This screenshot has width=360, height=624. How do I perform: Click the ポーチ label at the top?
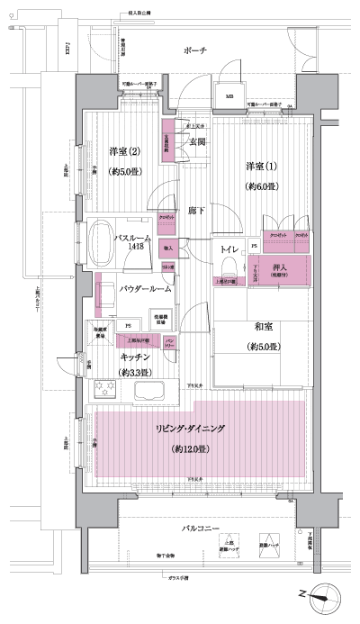point(194,50)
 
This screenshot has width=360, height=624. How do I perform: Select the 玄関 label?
point(198,141)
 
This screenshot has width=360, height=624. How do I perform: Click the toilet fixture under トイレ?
point(228,265)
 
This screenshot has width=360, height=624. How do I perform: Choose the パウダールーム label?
point(143,288)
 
